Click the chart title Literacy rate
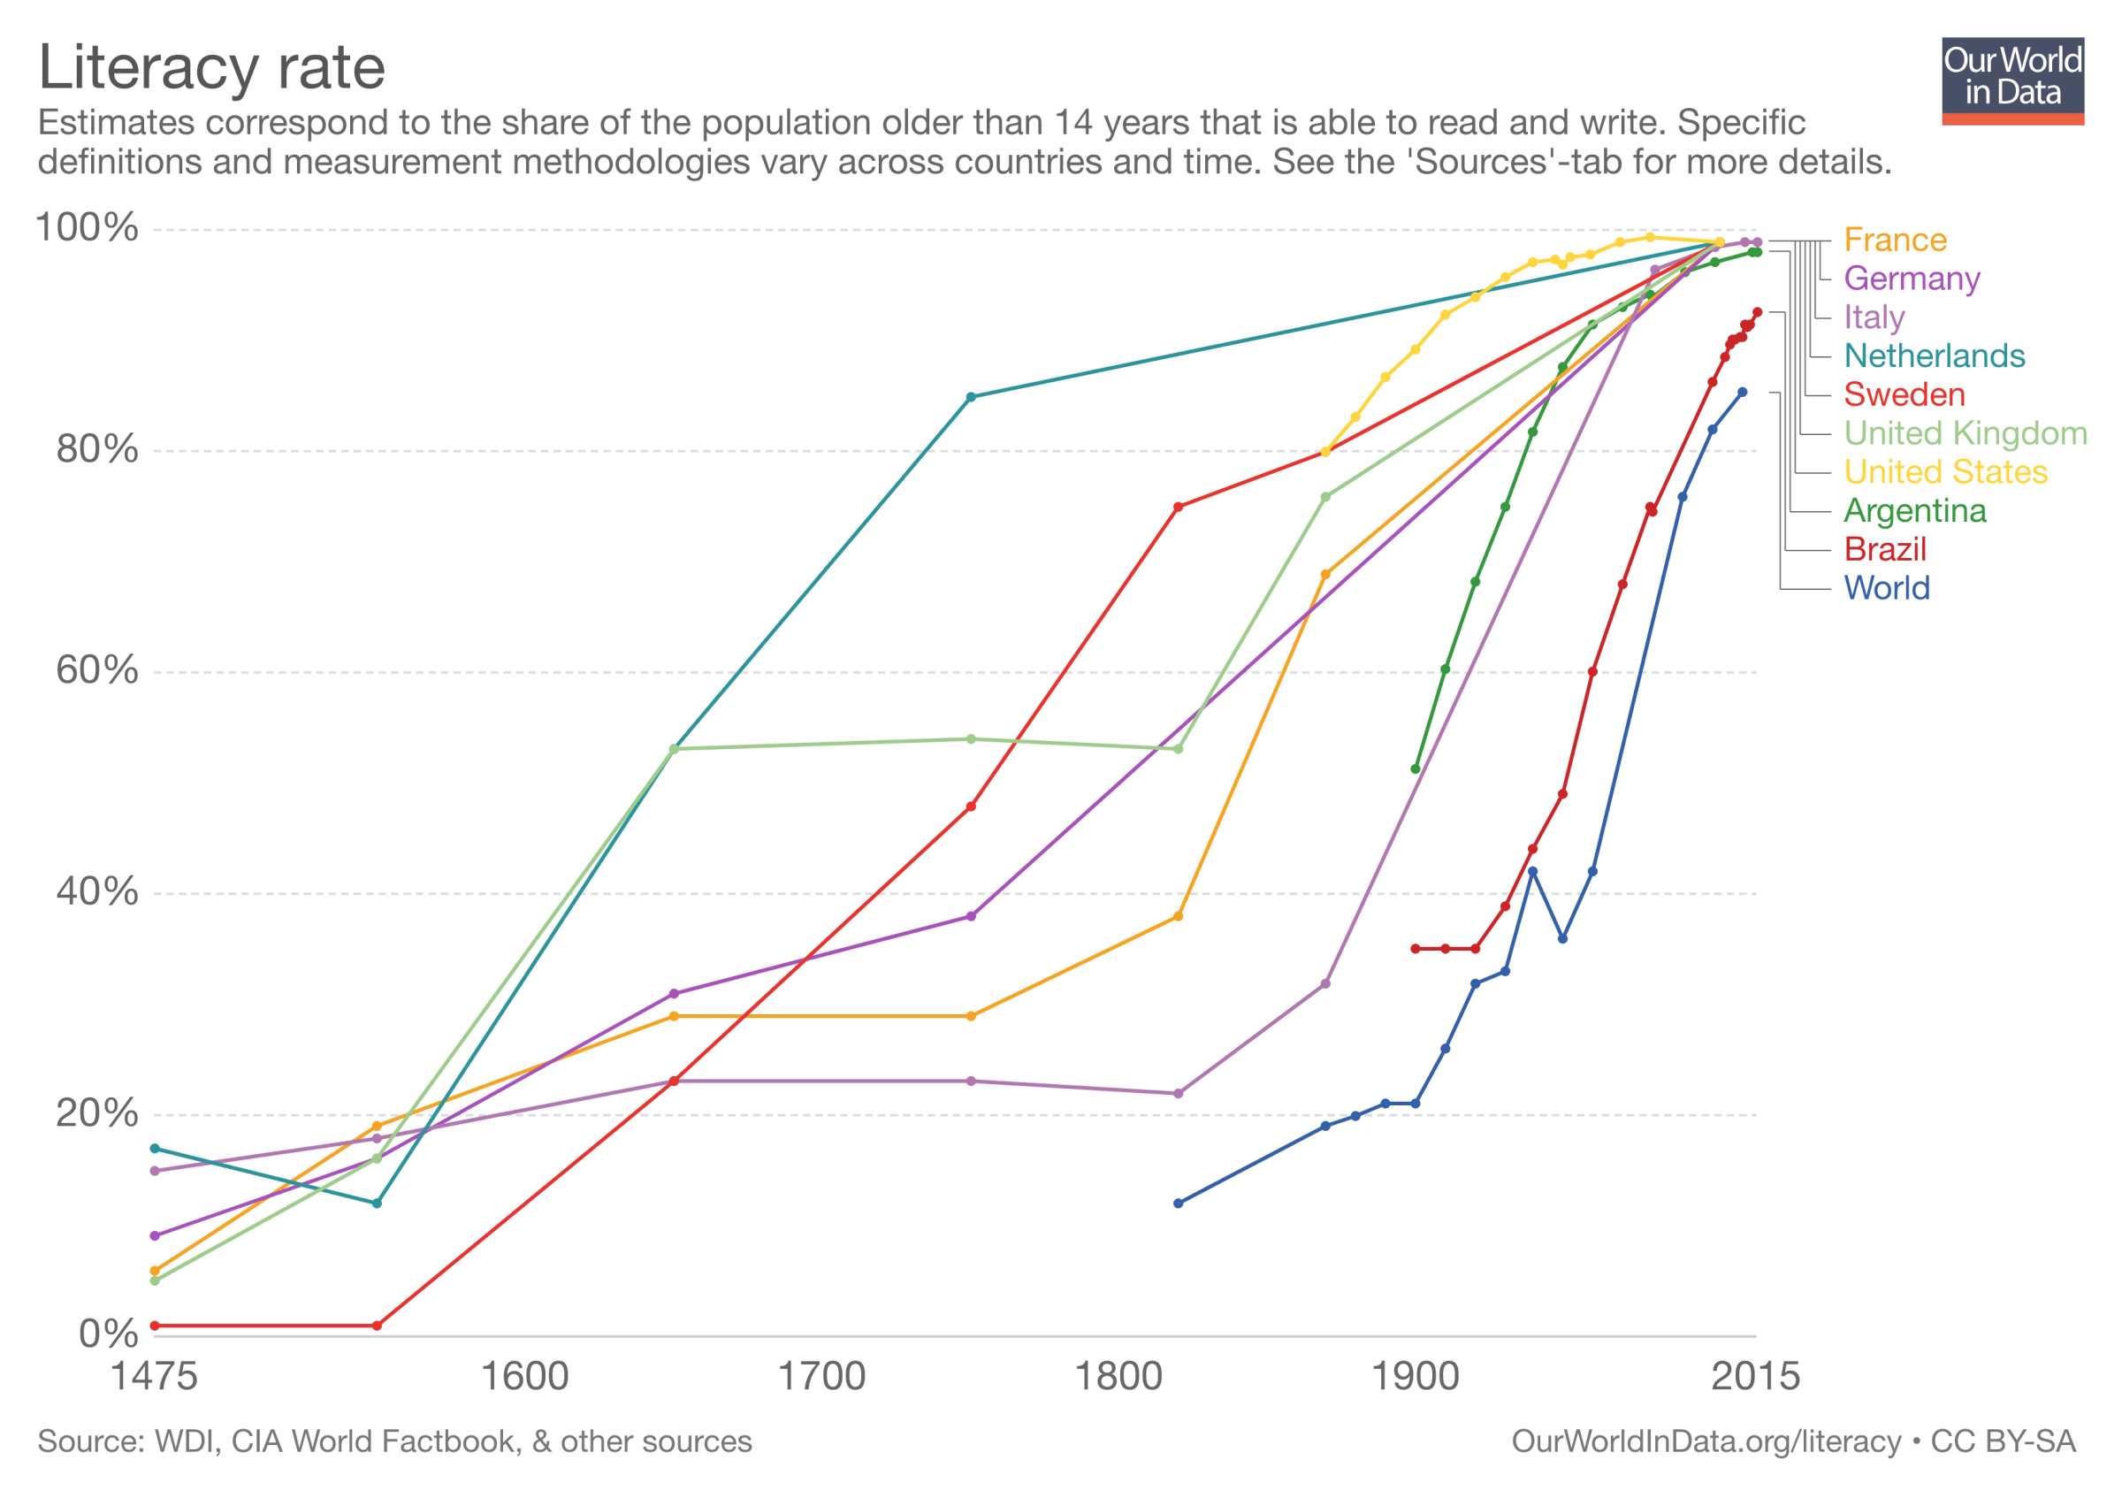[x=211, y=67]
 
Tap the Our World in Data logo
[x=2012, y=80]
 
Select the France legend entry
[x=1895, y=241]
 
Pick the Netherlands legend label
[x=1934, y=355]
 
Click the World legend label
[x=1886, y=588]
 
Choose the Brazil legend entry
[x=1884, y=549]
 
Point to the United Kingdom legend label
[x=1965, y=433]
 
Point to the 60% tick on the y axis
[x=97, y=670]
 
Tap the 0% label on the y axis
[x=108, y=1334]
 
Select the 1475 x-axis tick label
[x=154, y=1377]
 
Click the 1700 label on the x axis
[x=821, y=1377]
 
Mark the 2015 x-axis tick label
[x=1755, y=1377]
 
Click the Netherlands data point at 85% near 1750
[x=971, y=397]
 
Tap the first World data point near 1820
[x=1178, y=1204]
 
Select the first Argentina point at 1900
[x=1415, y=768]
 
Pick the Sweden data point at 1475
[x=155, y=1326]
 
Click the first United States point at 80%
[x=1325, y=452]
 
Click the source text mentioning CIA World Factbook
[x=393, y=1441]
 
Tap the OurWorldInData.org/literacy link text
[x=1706, y=1441]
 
